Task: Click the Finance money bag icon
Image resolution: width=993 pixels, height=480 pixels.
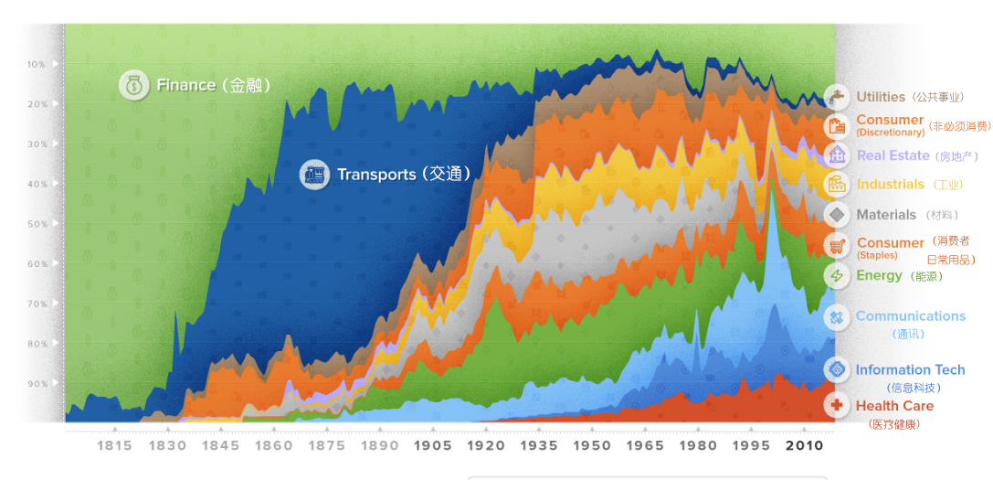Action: click(134, 86)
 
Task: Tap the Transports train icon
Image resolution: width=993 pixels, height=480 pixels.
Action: click(314, 175)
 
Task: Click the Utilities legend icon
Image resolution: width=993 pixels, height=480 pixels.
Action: click(836, 97)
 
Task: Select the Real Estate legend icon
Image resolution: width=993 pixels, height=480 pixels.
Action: click(836, 155)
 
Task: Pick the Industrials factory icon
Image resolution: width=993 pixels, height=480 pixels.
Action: click(836, 185)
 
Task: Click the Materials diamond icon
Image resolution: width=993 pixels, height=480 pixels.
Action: click(836, 215)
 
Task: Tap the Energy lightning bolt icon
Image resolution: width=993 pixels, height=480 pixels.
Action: click(836, 275)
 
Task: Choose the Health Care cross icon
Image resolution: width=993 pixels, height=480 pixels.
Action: click(836, 405)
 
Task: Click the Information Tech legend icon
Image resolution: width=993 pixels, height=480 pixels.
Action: click(836, 369)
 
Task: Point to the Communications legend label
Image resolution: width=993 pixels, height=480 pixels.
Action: click(910, 316)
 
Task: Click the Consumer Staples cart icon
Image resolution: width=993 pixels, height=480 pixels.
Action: click(836, 245)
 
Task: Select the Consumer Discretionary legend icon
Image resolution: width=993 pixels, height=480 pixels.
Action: click(836, 126)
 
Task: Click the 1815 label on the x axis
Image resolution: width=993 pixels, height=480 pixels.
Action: click(114, 446)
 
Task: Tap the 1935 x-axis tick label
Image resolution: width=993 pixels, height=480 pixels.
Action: click(540, 446)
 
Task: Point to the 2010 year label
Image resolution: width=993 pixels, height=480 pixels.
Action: click(805, 446)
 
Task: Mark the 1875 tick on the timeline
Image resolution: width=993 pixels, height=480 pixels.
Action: click(327, 446)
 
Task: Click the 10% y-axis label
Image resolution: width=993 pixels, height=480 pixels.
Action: click(36, 64)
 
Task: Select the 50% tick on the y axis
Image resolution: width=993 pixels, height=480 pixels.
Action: click(36, 224)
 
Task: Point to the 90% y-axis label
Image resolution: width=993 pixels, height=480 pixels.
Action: click(36, 384)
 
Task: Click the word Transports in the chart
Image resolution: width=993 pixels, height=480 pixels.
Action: click(375, 175)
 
